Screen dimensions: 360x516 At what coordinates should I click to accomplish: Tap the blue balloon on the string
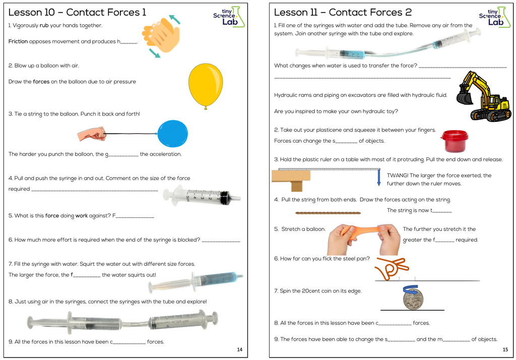point(172,134)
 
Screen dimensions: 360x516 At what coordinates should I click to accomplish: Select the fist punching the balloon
point(92,134)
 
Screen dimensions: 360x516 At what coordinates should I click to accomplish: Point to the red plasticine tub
point(454,141)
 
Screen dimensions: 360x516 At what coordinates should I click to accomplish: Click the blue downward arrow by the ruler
point(379,177)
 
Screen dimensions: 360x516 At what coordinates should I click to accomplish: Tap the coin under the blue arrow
point(413,299)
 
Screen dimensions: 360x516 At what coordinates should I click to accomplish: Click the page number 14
point(239,349)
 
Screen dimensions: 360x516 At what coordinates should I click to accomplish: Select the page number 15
point(505,349)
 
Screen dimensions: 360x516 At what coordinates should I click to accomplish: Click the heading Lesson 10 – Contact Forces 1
point(77,12)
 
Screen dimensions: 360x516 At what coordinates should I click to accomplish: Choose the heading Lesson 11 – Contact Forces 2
point(343,12)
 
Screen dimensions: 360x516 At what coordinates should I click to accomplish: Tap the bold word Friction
point(18,41)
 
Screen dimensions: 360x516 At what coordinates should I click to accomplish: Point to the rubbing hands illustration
point(161,35)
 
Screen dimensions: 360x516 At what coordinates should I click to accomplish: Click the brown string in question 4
point(323,213)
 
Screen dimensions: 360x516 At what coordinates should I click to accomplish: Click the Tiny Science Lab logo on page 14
point(228,17)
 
